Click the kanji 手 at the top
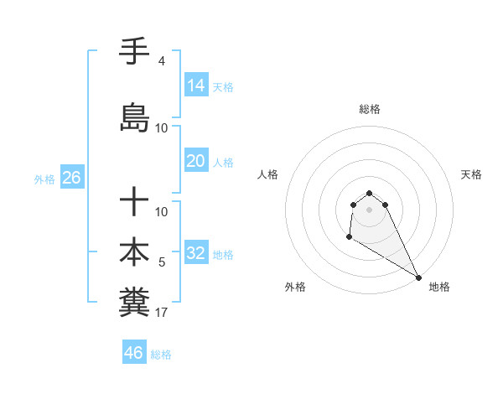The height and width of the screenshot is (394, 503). click(x=135, y=53)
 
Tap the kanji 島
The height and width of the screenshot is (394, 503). click(x=135, y=118)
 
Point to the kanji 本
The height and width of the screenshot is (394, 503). click(x=135, y=251)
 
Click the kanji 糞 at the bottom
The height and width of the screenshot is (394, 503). click(x=135, y=303)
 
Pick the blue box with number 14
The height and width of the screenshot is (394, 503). click(x=196, y=85)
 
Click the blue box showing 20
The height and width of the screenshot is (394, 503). click(x=196, y=160)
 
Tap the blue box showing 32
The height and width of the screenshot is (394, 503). click(x=196, y=253)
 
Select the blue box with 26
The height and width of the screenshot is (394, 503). click(x=71, y=178)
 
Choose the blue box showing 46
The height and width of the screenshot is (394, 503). click(x=134, y=353)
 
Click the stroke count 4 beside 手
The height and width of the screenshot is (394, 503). click(x=161, y=61)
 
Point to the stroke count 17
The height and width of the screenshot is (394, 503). click(x=161, y=313)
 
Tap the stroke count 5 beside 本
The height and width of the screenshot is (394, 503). click(x=162, y=262)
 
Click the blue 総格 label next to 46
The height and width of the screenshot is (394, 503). click(x=161, y=355)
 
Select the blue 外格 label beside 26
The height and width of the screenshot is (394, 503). click(x=44, y=179)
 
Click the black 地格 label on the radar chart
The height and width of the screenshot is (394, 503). click(x=439, y=287)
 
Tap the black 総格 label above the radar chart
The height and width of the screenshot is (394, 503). click(x=370, y=109)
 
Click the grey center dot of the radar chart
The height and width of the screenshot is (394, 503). click(x=370, y=210)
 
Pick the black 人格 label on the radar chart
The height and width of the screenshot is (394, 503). click(x=268, y=174)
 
